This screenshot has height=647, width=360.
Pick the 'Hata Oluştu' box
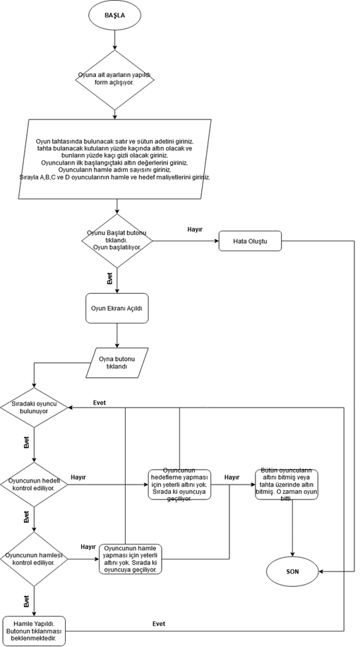[x=250, y=242]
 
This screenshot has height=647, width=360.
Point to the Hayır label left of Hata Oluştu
[x=195, y=230]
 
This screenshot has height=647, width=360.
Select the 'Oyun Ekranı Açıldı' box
[x=117, y=309]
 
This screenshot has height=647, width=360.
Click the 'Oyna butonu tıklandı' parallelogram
[x=117, y=363]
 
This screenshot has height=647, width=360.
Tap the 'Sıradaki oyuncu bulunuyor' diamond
[x=34, y=407]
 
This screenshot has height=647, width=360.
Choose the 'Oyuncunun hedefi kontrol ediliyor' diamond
[x=34, y=485]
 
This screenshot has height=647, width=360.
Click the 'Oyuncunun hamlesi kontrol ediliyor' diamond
[x=34, y=559]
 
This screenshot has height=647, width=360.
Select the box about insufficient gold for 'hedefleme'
[x=179, y=485]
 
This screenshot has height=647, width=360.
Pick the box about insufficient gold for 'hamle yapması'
[x=131, y=559]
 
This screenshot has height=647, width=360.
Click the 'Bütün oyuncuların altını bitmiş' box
[x=286, y=485]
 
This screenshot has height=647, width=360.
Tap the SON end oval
[x=293, y=571]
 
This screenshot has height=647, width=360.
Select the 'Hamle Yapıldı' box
[x=34, y=630]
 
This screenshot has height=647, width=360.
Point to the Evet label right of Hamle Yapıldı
[x=159, y=624]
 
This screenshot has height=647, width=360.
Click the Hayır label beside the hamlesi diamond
[x=88, y=547]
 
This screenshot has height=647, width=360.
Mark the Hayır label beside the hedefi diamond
[x=78, y=477]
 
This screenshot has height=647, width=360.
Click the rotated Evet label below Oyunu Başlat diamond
[x=109, y=278]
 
